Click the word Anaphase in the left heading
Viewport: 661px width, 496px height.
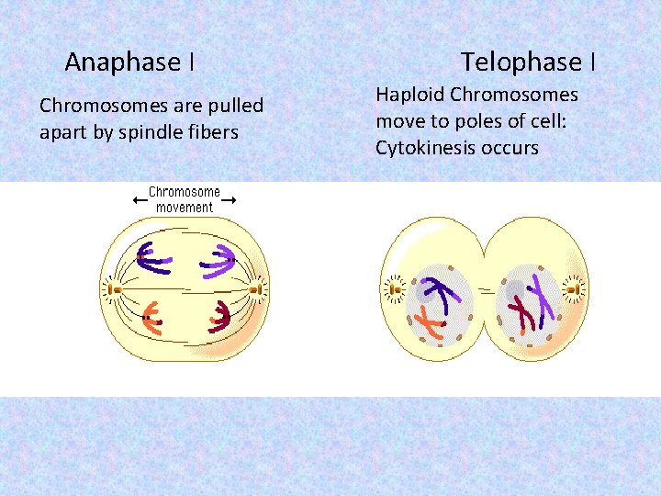coord(122,62)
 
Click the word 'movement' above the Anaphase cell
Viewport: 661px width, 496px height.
coord(184,208)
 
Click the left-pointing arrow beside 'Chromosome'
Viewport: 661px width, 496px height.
coord(139,198)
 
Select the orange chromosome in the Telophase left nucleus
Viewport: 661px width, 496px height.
coord(430,322)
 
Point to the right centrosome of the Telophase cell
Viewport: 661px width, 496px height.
coord(573,291)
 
